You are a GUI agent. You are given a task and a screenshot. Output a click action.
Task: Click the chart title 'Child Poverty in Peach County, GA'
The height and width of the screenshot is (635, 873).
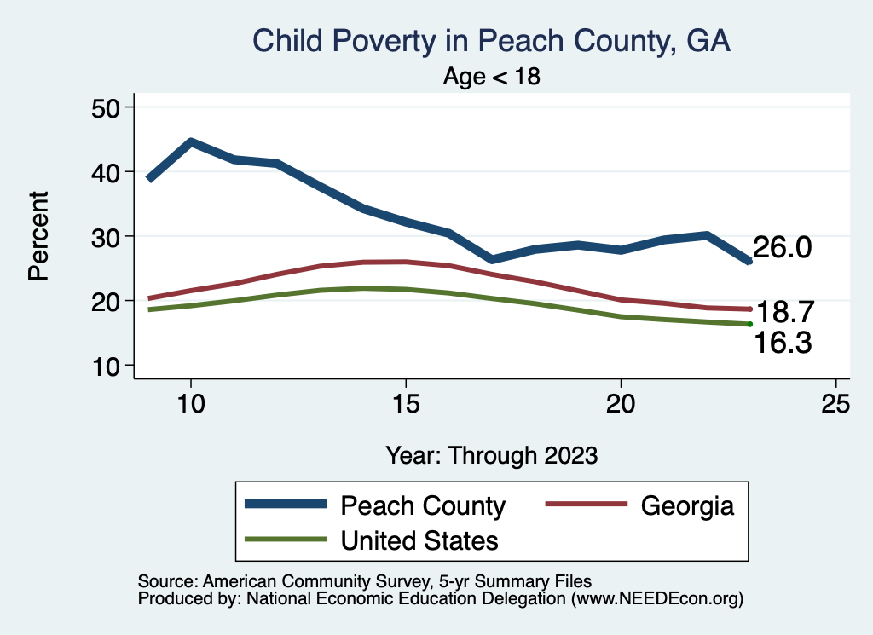pos(492,41)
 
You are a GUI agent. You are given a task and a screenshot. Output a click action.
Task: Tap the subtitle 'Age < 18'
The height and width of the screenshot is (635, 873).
pos(492,76)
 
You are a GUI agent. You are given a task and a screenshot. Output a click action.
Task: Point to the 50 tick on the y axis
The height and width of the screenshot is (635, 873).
pos(107,107)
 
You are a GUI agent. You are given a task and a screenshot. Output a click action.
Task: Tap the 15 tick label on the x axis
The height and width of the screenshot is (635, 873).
pos(406,404)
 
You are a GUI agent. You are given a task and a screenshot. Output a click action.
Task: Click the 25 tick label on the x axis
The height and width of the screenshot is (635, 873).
pos(835,404)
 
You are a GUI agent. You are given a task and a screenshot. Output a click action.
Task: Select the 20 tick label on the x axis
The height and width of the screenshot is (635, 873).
pos(621,404)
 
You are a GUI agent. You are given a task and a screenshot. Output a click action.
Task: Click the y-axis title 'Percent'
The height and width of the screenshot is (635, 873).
pos(38,236)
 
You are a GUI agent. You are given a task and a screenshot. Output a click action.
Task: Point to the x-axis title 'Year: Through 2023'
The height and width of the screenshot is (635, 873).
pos(492,454)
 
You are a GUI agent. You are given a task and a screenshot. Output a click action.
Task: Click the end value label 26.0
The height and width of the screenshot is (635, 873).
pos(782,247)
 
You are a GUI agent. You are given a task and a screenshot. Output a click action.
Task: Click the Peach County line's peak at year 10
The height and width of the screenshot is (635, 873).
pos(191,141)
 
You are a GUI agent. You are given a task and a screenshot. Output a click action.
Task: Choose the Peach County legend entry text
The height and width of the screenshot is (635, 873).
pos(423,505)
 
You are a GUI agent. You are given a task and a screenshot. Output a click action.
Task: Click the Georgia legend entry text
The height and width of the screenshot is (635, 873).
pos(687,505)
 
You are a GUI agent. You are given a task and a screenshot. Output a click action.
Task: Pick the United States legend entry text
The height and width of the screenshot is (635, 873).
pos(419,540)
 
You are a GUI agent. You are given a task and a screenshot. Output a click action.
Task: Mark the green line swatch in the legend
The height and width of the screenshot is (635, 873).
pos(286,540)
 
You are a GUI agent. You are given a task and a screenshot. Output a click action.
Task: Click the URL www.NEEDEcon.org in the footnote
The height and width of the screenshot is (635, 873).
pos(655,599)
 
